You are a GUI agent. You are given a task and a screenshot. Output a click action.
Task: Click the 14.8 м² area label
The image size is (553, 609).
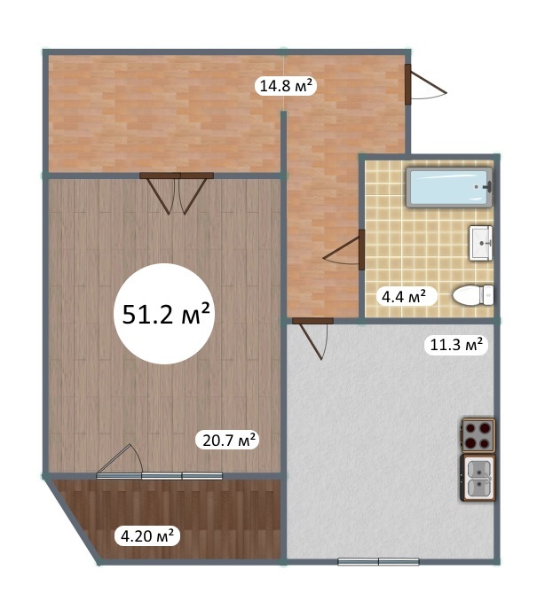coord(286,85)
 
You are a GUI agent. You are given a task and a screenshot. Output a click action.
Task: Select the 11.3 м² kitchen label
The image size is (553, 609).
coord(456,344)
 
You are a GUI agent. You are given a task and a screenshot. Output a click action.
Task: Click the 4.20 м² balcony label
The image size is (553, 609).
coord(147,536)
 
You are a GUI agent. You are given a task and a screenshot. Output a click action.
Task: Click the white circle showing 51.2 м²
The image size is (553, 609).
coord(165,314)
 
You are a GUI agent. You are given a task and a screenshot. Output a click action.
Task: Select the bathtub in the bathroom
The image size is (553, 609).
coord(449,187)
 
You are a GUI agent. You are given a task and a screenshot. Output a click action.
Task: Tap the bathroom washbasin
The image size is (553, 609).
coord(481,243)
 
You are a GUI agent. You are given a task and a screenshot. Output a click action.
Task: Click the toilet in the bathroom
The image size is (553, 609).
coord(473,295)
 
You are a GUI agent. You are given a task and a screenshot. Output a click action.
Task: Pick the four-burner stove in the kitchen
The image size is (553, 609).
coord(478,435)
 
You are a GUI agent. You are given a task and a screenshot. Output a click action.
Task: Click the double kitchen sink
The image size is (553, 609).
coord(478,478)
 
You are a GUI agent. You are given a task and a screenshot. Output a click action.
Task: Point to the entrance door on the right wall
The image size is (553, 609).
coord(424,84)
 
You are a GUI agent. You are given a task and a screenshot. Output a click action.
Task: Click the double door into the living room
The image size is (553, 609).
coord(177,193)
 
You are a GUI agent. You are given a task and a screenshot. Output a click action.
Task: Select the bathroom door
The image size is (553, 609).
coord(344,249)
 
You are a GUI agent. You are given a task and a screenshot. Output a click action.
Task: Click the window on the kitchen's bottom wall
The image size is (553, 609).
coord(378,561)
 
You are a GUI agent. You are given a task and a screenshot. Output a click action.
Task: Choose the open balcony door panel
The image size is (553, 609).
coord(120,459)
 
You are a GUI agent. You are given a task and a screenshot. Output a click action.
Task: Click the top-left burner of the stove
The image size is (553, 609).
coord(471,428)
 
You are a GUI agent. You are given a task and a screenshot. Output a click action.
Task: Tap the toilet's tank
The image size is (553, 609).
coord(487,295)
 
